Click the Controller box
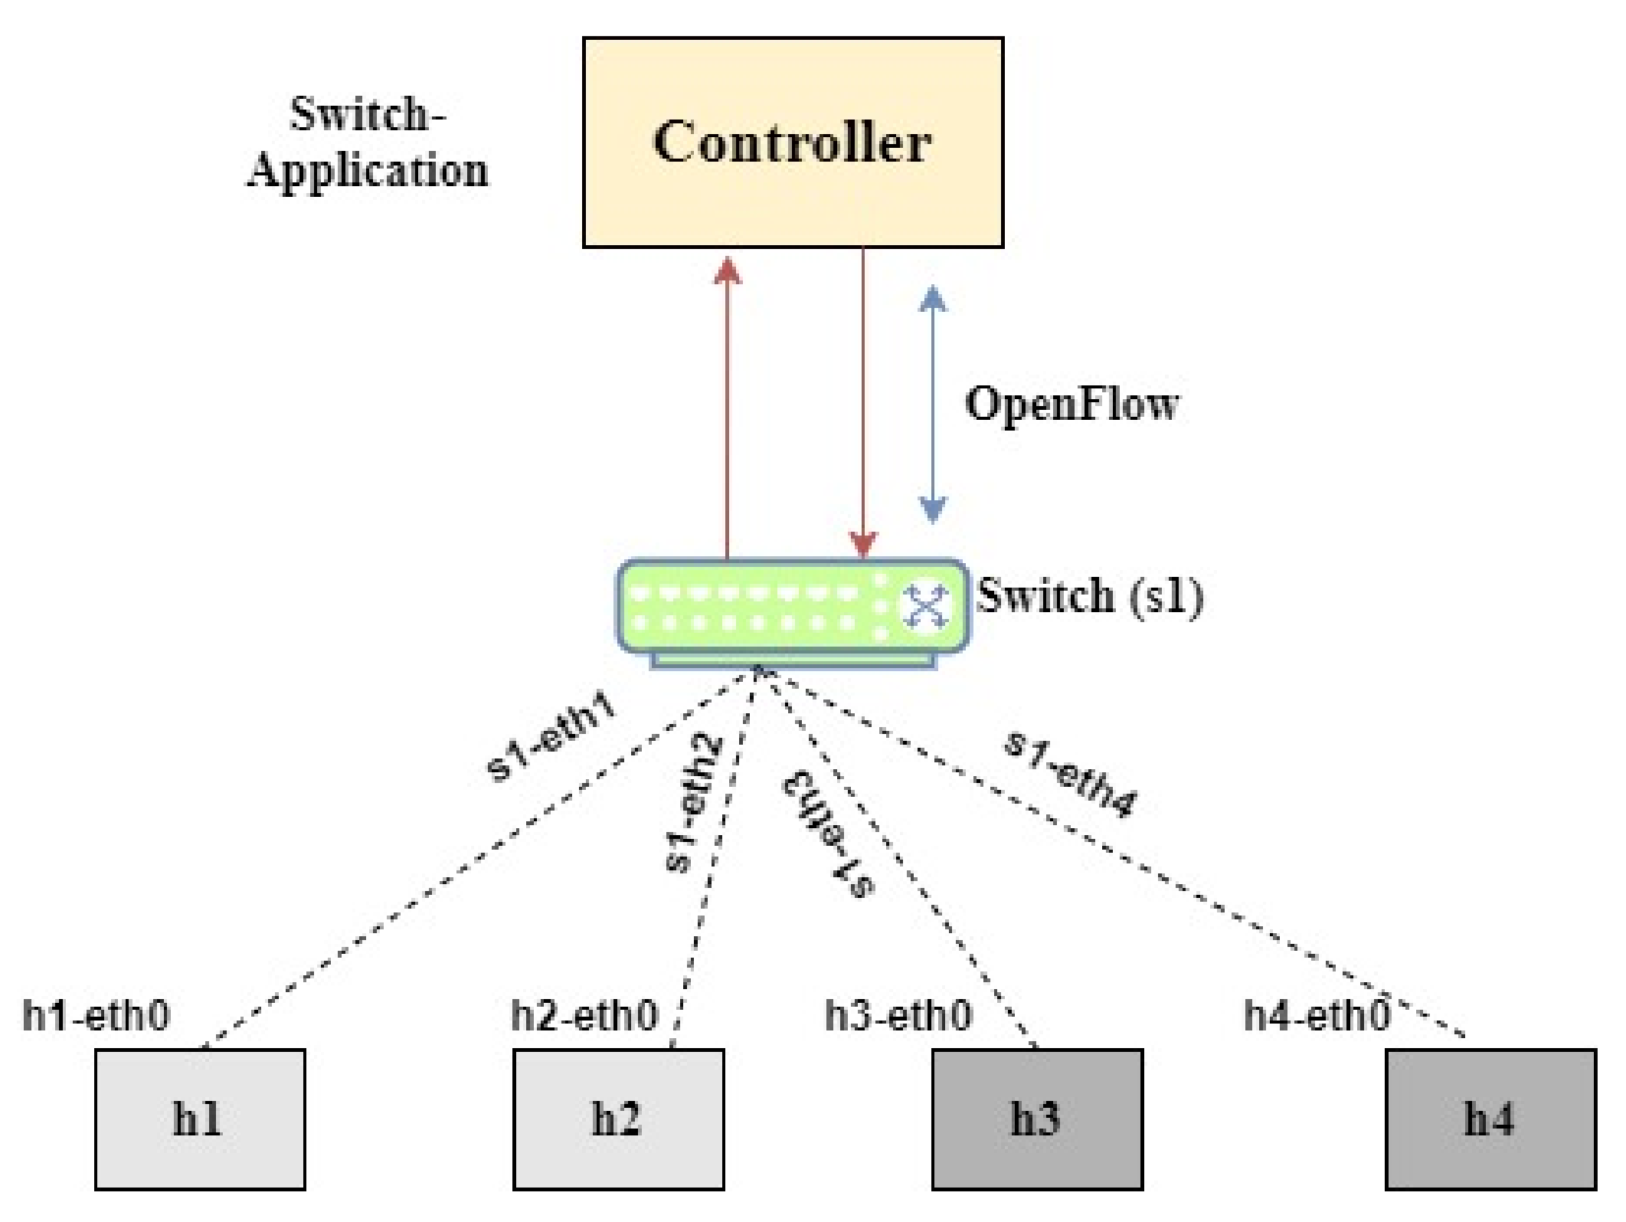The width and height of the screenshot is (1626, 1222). pos(793,143)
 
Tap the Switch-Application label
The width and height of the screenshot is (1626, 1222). pos(368,143)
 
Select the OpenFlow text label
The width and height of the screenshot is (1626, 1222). pos(1072,403)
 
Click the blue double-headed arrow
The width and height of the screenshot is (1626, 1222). pos(932,404)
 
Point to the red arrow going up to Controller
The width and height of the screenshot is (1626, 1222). pos(727,408)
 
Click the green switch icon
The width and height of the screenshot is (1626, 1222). pos(793,613)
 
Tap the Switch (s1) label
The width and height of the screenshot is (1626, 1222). pos(1090,596)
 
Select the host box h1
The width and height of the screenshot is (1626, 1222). pos(200,1119)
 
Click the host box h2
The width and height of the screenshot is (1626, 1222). pos(618,1119)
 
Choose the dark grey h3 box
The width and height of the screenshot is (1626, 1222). pos(1037,1119)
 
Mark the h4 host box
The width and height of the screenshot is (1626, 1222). pos(1490,1119)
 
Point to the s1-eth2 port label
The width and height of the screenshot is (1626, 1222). pos(693,802)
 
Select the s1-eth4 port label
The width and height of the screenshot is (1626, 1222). pos(1071,774)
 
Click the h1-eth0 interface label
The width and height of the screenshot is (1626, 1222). pos(96,1016)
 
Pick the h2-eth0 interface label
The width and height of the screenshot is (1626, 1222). pos(584,1016)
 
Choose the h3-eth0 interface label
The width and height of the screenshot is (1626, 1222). pos(898,1016)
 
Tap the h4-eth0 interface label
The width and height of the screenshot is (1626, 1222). pos(1317,1016)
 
